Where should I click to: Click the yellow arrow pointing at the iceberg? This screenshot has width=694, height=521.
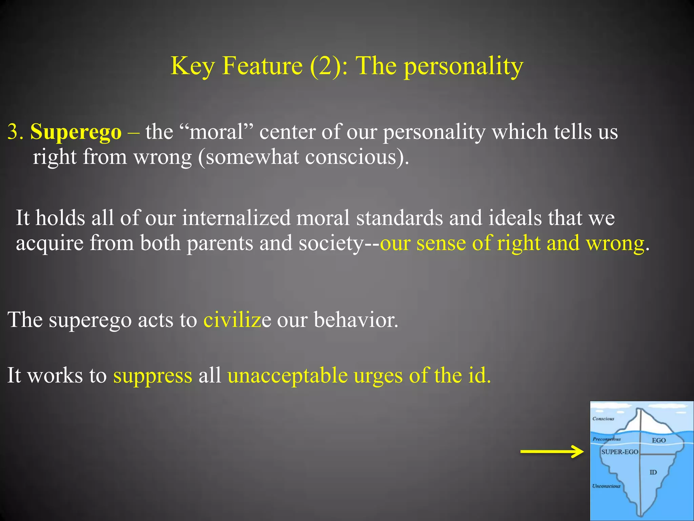(552, 451)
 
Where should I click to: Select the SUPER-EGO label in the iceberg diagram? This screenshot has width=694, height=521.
(619, 452)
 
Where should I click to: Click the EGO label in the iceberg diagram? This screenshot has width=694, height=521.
(659, 440)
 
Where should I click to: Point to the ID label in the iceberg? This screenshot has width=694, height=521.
(653, 472)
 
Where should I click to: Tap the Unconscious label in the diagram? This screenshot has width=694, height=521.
(606, 486)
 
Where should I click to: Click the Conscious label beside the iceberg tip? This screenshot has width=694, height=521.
(603, 419)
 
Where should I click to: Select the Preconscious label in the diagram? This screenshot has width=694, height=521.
(607, 439)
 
